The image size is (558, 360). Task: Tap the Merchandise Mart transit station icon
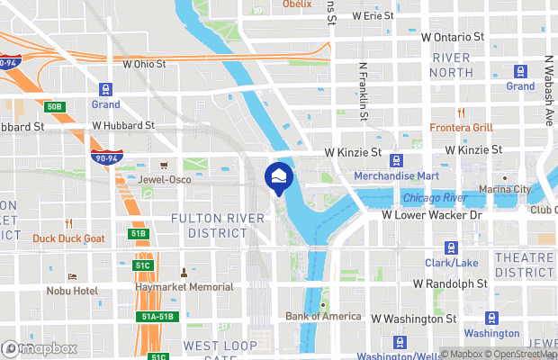tap(397, 160)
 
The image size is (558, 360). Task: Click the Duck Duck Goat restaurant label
tap(68, 238)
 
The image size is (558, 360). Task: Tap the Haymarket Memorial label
tap(184, 287)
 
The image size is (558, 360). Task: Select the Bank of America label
tap(323, 316)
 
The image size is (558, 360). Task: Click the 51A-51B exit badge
tap(158, 316)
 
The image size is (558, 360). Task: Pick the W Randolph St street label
tap(450, 283)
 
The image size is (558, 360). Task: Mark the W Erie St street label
tap(373, 16)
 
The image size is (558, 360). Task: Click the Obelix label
tap(296, 4)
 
